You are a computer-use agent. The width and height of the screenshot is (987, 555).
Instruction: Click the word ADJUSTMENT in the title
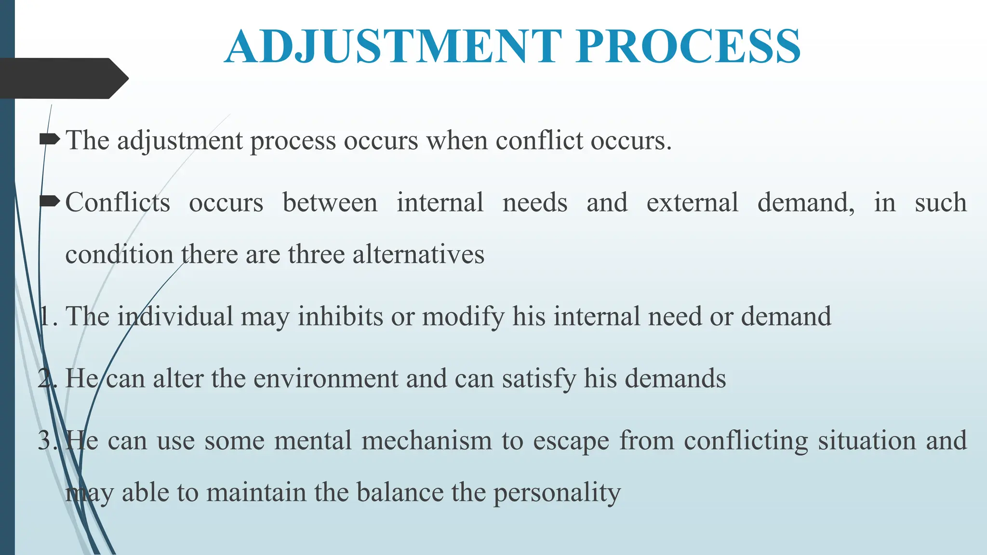pyautogui.click(x=393, y=47)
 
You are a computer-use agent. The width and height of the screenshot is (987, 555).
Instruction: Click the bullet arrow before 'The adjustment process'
pyautogui.click(x=49, y=140)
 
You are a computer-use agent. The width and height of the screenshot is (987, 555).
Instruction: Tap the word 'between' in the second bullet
pyautogui.click(x=330, y=202)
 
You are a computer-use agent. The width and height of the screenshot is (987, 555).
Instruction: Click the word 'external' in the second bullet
pyautogui.click(x=692, y=202)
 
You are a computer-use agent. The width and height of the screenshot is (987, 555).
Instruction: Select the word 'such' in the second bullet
pyautogui.click(x=940, y=202)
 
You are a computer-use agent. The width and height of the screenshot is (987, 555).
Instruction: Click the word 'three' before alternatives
pyautogui.click(x=316, y=254)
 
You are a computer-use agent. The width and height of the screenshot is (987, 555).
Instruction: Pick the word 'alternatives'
pyautogui.click(x=418, y=254)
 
